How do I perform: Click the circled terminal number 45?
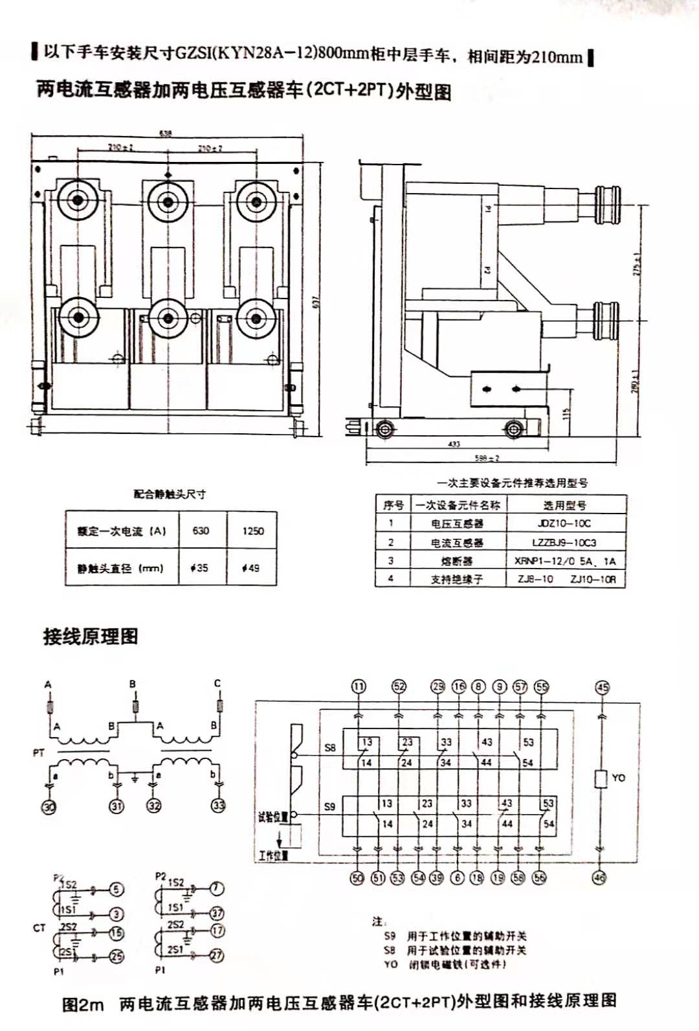click(x=603, y=687)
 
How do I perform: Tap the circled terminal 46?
click(x=600, y=878)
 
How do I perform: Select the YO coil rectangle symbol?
click(x=601, y=778)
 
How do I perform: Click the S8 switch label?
click(x=330, y=747)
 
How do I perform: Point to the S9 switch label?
click(x=330, y=806)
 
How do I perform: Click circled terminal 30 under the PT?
click(x=49, y=806)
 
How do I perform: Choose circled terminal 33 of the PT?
click(x=219, y=806)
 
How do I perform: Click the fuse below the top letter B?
click(x=135, y=705)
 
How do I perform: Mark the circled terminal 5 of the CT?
click(x=116, y=889)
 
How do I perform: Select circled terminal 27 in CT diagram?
click(x=217, y=955)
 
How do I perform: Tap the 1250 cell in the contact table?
click(x=253, y=531)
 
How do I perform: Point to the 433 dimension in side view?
click(x=454, y=444)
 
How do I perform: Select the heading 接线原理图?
click(x=91, y=637)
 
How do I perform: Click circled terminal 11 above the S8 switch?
click(x=359, y=686)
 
